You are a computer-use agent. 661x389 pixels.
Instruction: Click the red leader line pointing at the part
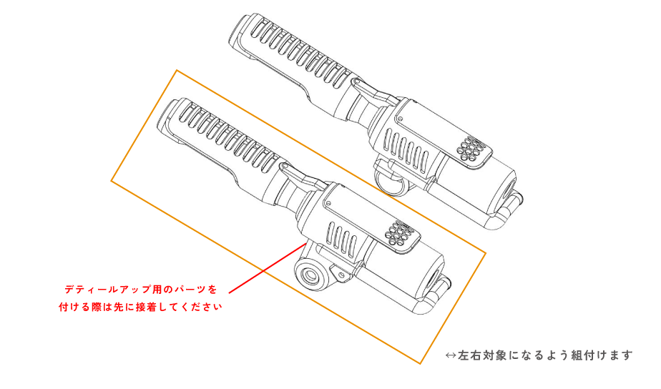click(268, 267)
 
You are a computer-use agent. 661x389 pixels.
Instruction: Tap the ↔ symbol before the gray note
click(451, 355)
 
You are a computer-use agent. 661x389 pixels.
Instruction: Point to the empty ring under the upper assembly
click(391, 179)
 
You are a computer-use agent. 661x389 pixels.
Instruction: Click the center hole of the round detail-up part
click(311, 276)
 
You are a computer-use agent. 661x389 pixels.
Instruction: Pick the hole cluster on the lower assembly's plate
click(398, 233)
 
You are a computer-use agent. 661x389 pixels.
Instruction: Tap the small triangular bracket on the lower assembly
click(341, 274)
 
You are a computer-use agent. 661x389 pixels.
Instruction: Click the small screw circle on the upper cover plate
click(400, 119)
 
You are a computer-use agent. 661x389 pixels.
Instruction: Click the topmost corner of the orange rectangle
click(177, 70)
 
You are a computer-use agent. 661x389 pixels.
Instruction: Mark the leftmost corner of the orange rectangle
click(112, 181)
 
